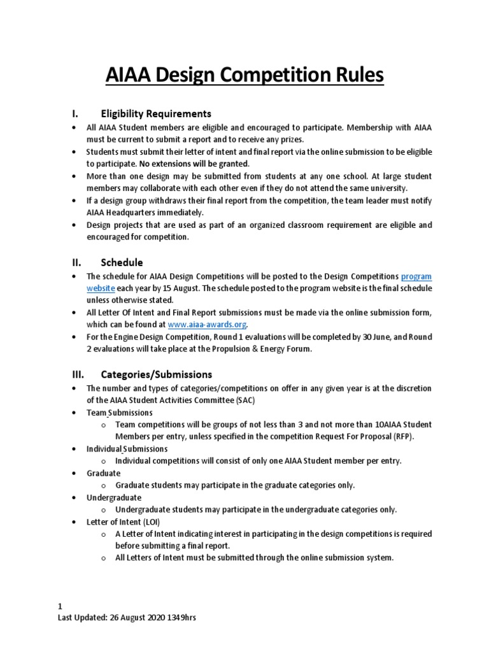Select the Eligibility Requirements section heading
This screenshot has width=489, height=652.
pos(156,114)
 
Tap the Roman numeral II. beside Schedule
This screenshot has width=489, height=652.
pos(74,262)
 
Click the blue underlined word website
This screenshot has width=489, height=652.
pos(101,288)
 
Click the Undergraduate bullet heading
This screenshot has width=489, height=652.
pos(114,497)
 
